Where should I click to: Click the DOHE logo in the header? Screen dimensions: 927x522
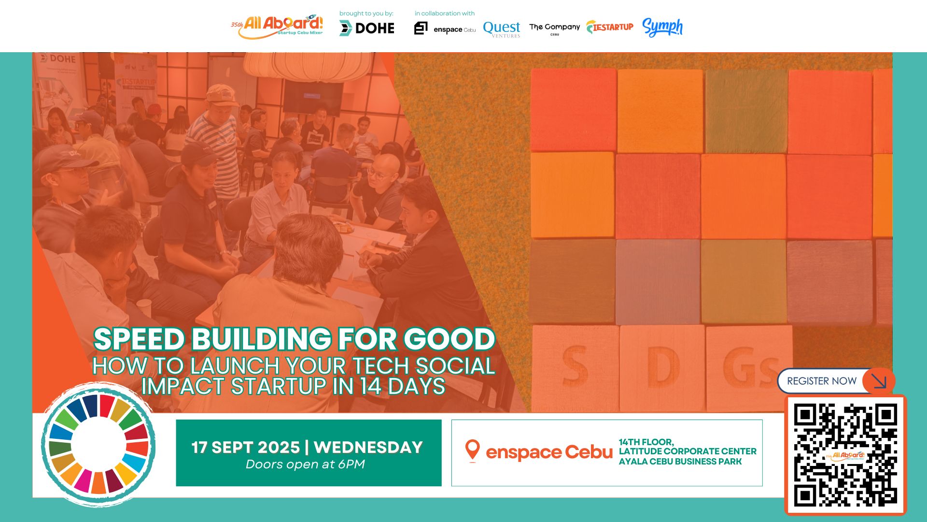tap(367, 28)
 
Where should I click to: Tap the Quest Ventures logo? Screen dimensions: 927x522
tap(502, 29)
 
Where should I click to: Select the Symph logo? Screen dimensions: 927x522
tap(662, 28)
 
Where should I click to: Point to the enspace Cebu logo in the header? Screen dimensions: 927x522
tap(445, 29)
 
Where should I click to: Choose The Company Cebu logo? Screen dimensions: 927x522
tap(554, 28)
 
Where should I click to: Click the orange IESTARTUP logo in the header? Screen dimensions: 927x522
tap(610, 27)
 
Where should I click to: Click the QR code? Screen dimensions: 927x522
tap(845, 454)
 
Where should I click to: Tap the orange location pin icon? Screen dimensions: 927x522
tap(472, 450)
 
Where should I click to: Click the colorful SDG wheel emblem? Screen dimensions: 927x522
tap(98, 445)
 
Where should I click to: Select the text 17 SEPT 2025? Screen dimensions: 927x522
tap(245, 447)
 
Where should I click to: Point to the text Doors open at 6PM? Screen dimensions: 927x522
tap(305, 464)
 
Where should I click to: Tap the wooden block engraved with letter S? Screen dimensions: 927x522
tap(575, 367)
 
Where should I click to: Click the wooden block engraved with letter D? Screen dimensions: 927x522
tap(661, 367)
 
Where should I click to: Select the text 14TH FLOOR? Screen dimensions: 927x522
tap(646, 442)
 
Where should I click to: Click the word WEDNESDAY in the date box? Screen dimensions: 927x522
tap(368, 447)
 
